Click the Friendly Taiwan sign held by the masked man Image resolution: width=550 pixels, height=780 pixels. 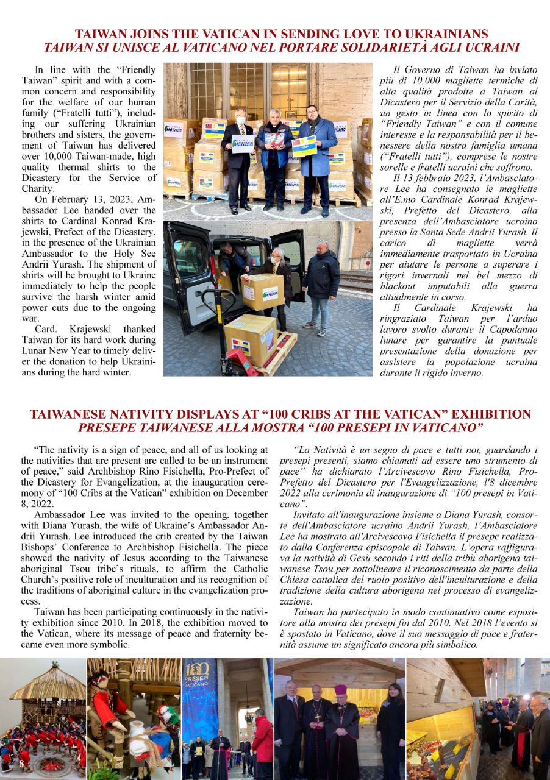pos(243,144)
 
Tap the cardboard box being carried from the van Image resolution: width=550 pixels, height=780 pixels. pos(262,291)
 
